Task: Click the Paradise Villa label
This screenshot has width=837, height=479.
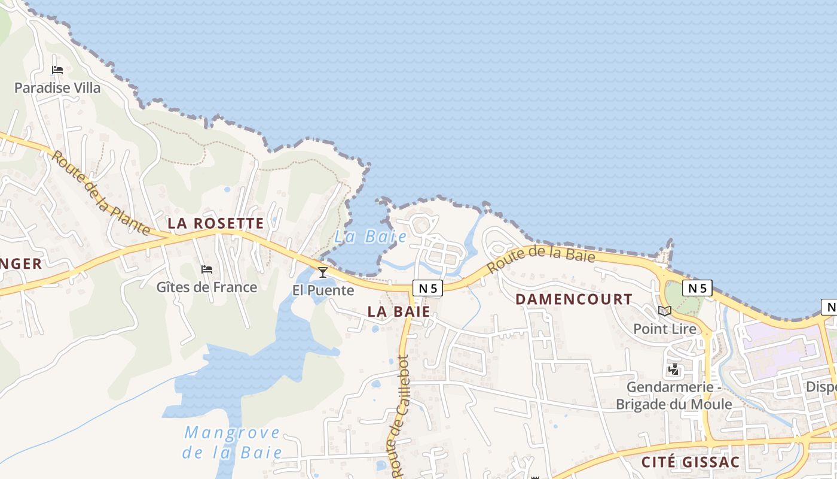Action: click(57, 88)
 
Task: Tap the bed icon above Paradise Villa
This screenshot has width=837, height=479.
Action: click(57, 70)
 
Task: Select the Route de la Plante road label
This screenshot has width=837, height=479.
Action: click(100, 193)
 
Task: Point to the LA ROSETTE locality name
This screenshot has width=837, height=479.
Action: click(215, 224)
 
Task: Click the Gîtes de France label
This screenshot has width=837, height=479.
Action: click(207, 287)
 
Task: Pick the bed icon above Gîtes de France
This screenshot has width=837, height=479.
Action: click(207, 269)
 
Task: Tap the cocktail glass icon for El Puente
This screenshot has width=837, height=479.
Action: click(323, 272)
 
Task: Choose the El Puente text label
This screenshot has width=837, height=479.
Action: click(323, 291)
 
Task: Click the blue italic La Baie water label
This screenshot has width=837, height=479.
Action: click(371, 237)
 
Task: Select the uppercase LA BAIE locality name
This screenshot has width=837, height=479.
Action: click(399, 311)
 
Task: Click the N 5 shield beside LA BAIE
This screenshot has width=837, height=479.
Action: click(427, 288)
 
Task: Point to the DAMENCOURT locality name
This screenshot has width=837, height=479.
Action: click(574, 299)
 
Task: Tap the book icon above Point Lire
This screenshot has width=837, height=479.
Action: click(665, 311)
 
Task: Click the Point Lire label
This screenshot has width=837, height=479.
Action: click(665, 329)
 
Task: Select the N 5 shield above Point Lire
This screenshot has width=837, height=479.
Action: click(697, 288)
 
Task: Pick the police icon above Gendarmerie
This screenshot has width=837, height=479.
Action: click(674, 369)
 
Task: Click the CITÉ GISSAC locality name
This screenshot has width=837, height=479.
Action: click(691, 462)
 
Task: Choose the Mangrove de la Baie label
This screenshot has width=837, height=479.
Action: click(233, 442)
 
